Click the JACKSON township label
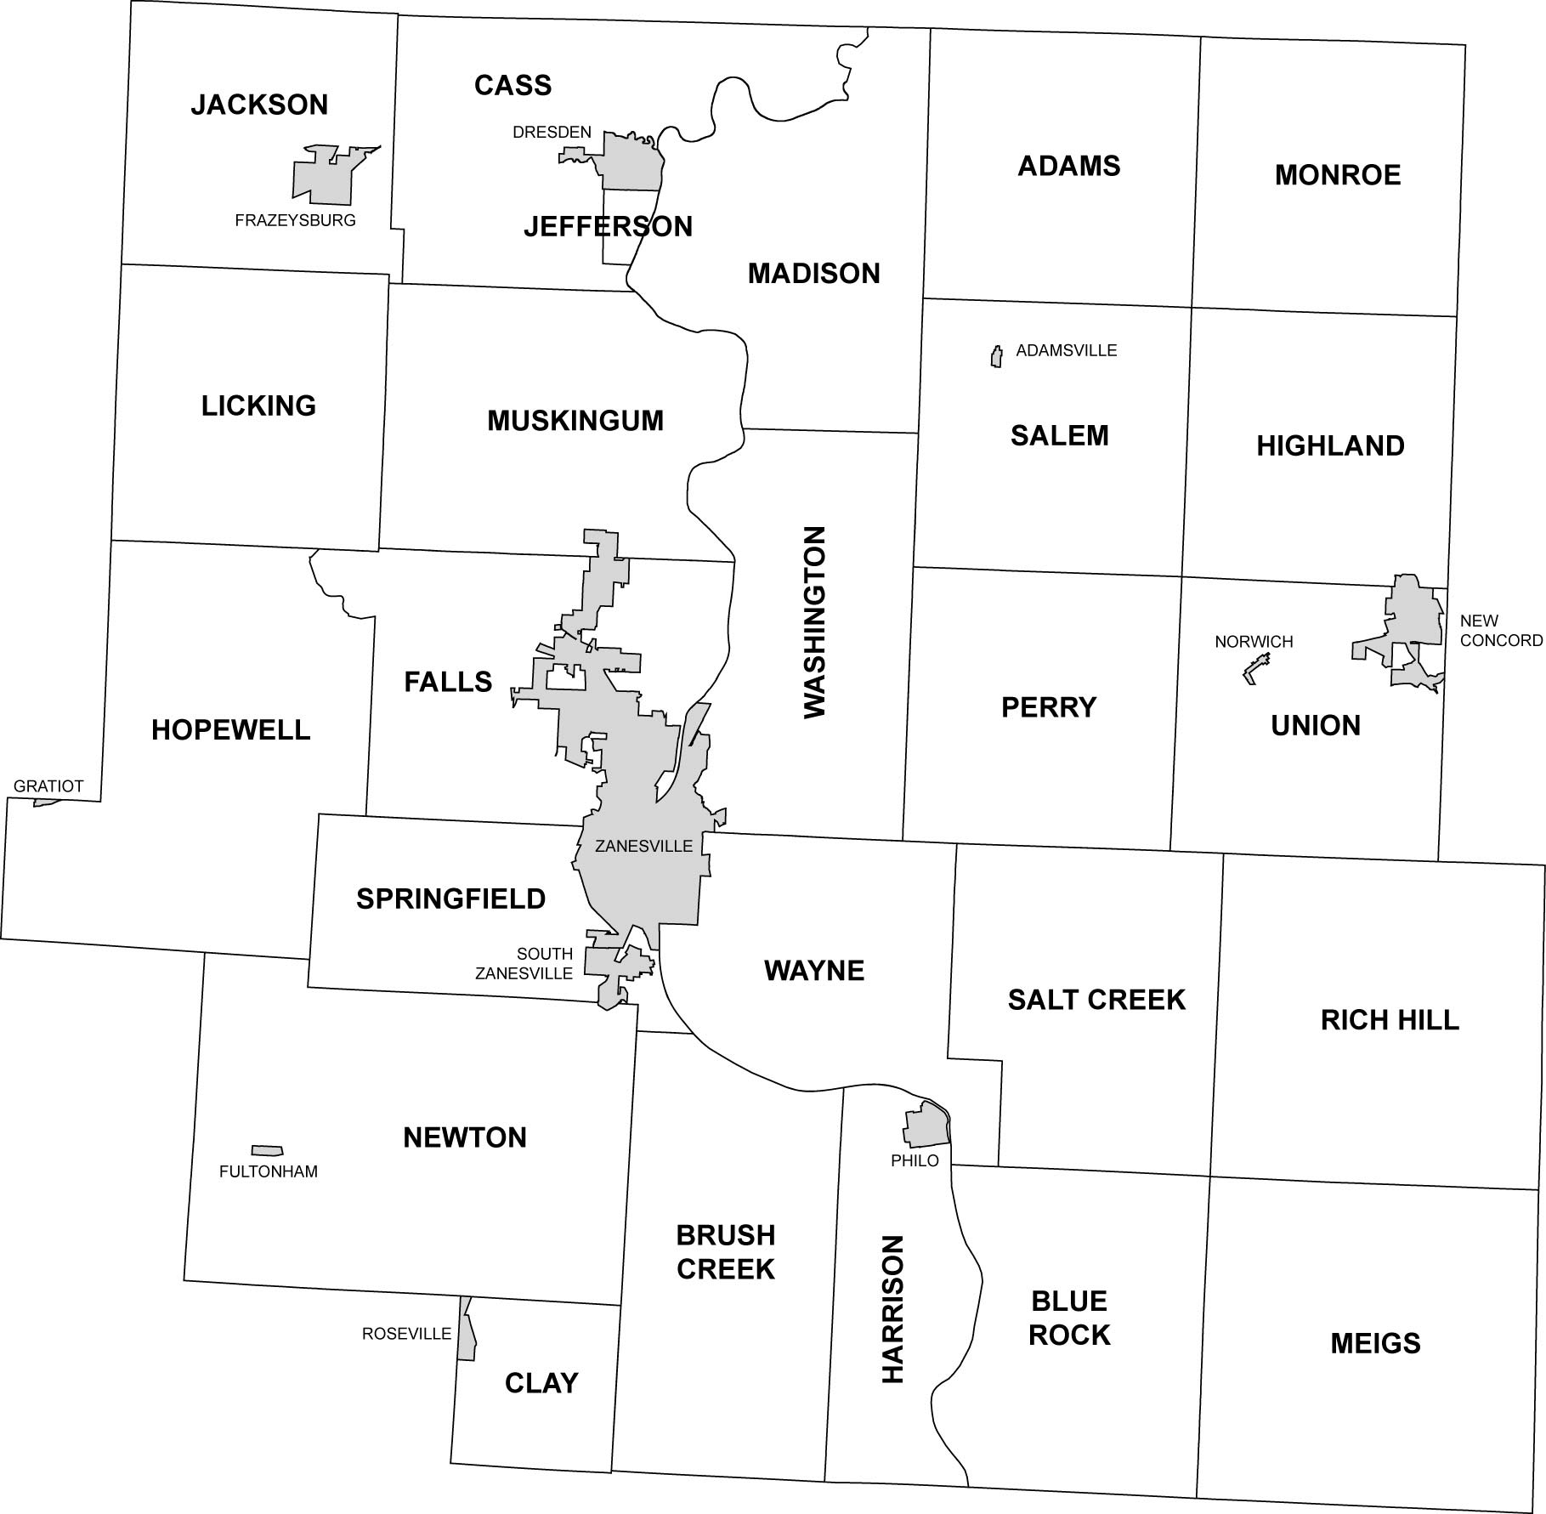point(259,105)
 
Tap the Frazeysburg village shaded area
point(324,179)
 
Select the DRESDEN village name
point(552,132)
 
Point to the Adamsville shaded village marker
point(996,357)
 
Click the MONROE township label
point(1337,175)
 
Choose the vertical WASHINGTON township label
point(814,622)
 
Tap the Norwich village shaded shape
point(1254,669)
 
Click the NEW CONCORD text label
point(1500,631)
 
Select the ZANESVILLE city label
point(643,846)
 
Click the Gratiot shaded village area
point(44,802)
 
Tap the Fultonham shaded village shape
point(267,1150)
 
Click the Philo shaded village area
point(925,1126)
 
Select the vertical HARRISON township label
point(892,1309)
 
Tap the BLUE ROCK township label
point(1069,1318)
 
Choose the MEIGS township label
point(1374,1343)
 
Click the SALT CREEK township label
point(1096,1000)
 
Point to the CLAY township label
point(541,1383)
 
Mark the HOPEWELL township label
point(231,729)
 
